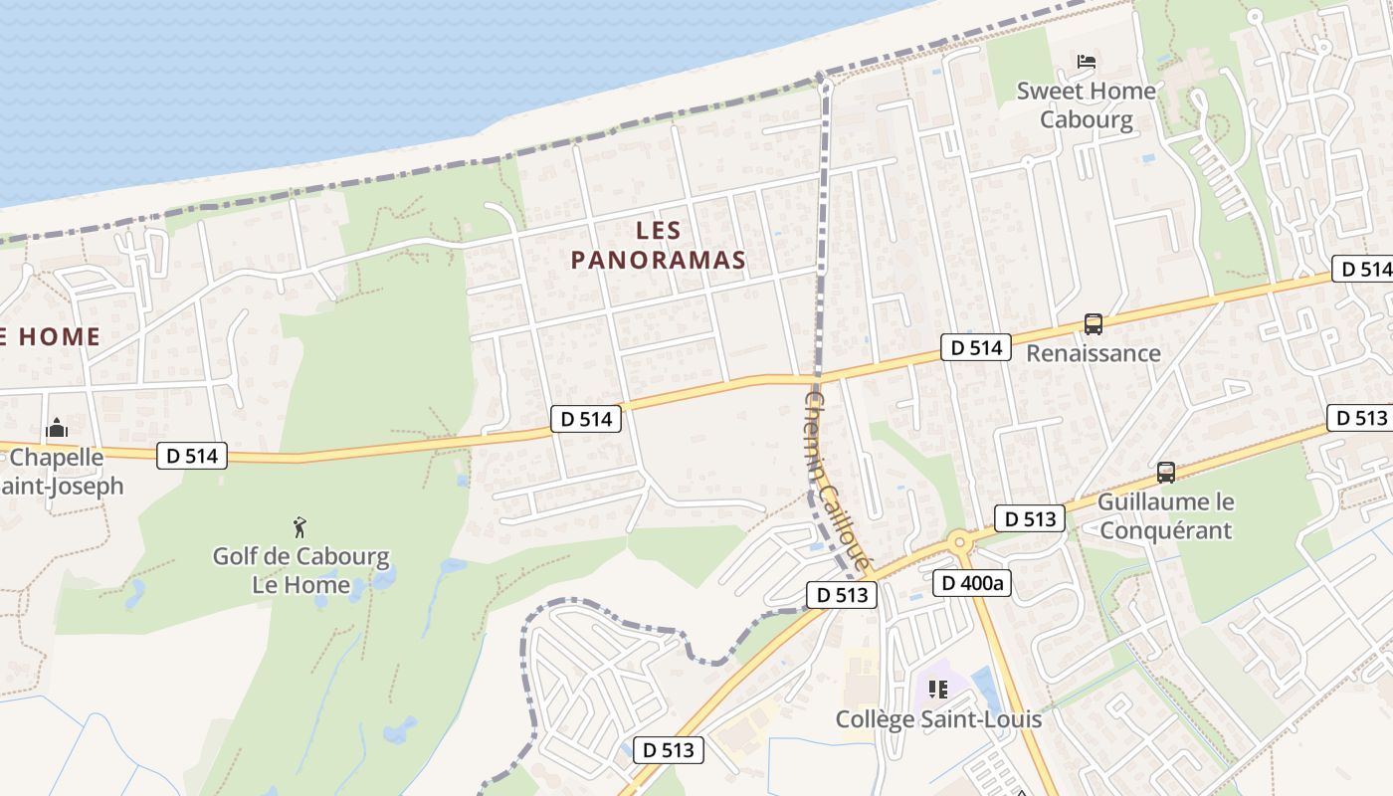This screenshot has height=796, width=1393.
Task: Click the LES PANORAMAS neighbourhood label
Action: tap(658, 246)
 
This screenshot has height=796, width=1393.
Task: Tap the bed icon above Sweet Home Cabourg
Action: tap(1087, 62)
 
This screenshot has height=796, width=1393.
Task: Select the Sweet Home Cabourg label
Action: tap(1087, 105)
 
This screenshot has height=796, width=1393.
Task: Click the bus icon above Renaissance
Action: tap(1093, 324)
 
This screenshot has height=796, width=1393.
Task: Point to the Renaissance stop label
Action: tap(1093, 353)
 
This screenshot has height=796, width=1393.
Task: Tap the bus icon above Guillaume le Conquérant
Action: tap(1166, 473)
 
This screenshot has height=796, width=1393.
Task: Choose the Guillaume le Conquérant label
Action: tap(1165, 515)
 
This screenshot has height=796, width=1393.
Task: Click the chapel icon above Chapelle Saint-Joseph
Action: tap(57, 430)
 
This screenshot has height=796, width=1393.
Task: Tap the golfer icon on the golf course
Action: tap(299, 527)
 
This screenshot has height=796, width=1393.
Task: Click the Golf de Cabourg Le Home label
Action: tap(300, 570)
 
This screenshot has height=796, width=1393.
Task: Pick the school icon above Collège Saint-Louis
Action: tap(937, 689)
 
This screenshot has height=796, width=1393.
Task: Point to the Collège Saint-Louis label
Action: tap(938, 719)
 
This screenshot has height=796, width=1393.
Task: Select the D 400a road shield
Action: tap(972, 583)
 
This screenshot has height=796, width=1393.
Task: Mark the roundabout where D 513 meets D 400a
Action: tap(959, 542)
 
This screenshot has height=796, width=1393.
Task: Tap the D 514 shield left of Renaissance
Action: tap(975, 347)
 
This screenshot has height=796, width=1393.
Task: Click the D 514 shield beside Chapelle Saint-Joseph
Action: tap(192, 456)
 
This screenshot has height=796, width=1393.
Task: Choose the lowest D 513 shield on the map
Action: tap(669, 750)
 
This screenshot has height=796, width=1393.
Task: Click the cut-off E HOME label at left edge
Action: tap(50, 336)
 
